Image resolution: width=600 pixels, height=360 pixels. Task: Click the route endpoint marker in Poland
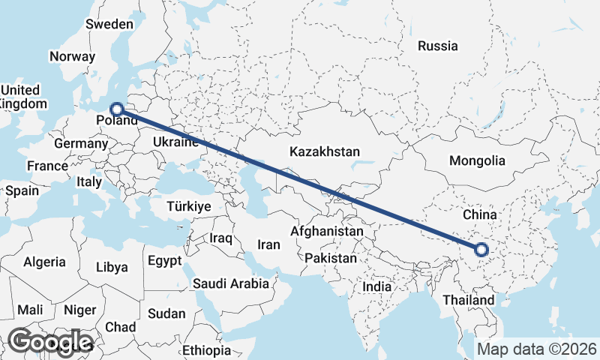pos(117,109)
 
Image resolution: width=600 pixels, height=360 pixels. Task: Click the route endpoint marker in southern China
pos(481,250)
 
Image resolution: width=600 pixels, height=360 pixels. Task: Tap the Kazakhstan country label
pos(325,151)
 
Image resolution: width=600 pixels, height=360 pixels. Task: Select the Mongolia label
pos(477,160)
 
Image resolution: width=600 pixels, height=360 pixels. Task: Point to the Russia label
pos(438,46)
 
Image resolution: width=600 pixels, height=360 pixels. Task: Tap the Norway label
pos(72,56)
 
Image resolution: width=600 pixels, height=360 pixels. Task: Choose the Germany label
pos(81,143)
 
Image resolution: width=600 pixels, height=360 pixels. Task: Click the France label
pos(47,166)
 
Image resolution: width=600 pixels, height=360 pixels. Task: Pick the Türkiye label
pos(189,205)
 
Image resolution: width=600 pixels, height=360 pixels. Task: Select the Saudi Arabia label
pos(230,283)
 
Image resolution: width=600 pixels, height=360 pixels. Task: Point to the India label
pos(376,286)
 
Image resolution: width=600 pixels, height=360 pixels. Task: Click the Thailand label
pos(468,300)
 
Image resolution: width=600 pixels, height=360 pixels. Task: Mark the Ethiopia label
pos(207,350)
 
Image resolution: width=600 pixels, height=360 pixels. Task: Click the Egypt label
pos(164,262)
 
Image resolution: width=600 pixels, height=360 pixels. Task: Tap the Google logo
pos(49,342)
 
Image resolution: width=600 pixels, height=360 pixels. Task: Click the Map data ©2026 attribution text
pos(537,349)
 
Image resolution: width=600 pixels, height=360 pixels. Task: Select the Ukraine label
pos(175,142)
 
